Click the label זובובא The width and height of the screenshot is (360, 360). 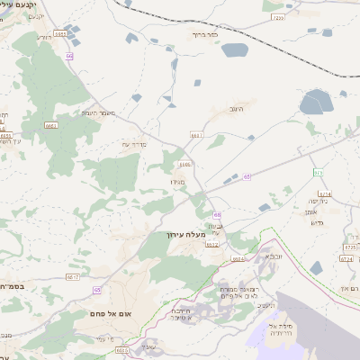tap(268, 256)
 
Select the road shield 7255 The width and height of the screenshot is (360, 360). tap(276, 17)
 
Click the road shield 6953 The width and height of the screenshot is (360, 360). tap(60, 33)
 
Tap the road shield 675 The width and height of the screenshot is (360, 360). tap(318, 172)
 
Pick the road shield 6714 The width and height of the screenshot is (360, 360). tap(325, 193)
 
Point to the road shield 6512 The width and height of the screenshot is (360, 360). tap(212, 244)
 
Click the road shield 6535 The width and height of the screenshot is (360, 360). tap(123, 350)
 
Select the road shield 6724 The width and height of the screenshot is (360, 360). tap(346, 258)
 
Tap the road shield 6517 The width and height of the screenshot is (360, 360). tap(73, 277)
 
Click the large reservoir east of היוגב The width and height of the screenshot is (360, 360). tap(315, 103)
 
